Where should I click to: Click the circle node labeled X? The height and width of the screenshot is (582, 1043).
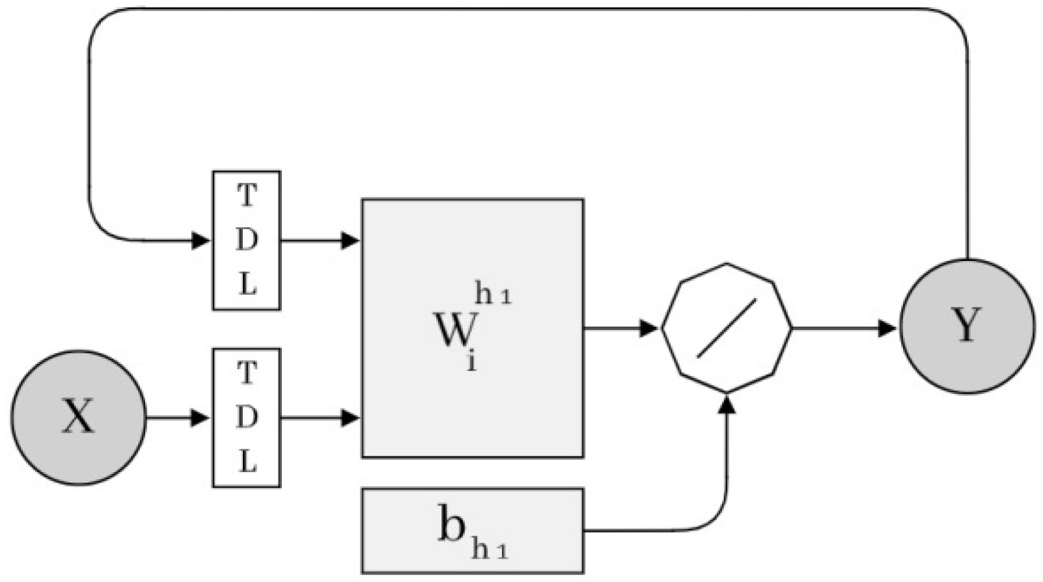point(78,417)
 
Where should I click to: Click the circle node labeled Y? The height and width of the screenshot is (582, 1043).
point(967,326)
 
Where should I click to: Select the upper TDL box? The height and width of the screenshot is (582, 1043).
point(246,240)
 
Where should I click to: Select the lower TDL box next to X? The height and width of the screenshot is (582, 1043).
point(246,417)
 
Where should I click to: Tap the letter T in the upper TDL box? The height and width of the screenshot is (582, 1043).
point(246,195)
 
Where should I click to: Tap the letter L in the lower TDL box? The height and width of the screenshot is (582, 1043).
point(247,463)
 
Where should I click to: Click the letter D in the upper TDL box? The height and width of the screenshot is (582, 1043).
point(246,241)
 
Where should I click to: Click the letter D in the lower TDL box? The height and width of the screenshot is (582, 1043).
point(246,418)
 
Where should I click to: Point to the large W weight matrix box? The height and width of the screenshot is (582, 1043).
point(472,391)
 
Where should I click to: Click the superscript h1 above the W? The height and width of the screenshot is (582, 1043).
point(493,296)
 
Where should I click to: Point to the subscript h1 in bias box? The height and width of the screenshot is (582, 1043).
point(489,551)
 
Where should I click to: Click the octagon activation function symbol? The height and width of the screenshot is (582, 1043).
point(727,327)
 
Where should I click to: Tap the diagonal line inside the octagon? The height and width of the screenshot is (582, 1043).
point(727,327)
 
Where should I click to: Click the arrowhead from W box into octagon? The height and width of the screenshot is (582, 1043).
point(649,327)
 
